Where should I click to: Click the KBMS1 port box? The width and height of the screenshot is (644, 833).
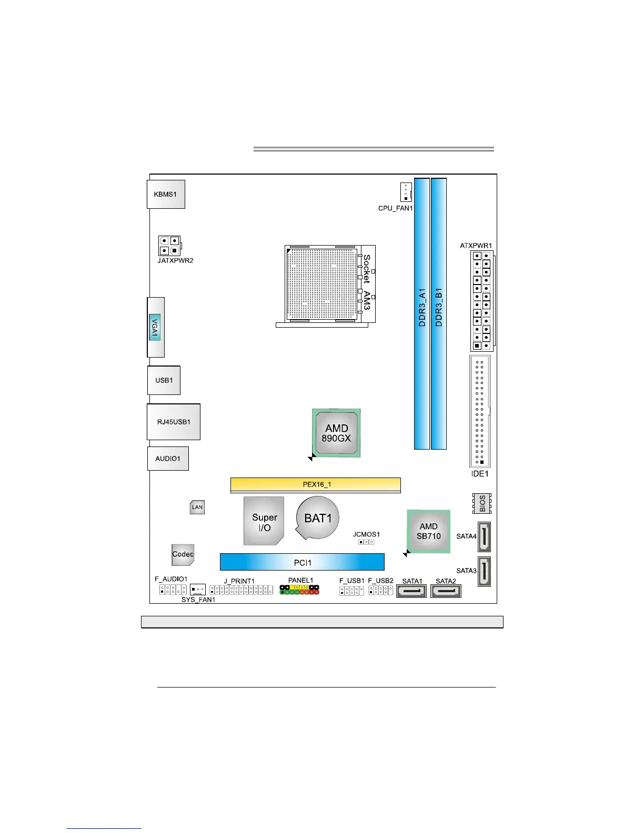click(166, 194)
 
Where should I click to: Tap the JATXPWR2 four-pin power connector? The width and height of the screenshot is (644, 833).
click(169, 246)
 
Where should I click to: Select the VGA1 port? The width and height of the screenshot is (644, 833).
click(155, 327)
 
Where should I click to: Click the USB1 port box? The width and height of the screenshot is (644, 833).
click(164, 380)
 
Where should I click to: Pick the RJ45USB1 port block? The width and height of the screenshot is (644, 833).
click(174, 422)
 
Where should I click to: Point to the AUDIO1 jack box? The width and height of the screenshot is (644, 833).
click(168, 459)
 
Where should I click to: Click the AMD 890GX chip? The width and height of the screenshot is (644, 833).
click(337, 433)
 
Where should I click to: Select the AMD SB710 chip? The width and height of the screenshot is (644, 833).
click(429, 531)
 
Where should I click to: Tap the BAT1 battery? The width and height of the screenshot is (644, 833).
click(318, 518)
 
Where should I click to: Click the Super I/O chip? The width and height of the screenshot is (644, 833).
click(264, 521)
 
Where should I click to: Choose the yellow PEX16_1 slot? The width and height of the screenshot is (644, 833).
click(316, 484)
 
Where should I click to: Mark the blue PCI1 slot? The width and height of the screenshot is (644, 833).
click(302, 562)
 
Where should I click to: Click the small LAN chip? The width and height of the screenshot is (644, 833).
click(197, 507)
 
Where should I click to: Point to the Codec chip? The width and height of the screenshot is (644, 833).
click(183, 554)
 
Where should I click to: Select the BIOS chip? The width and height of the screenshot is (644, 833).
click(482, 503)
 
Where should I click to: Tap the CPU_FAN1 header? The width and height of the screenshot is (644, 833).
click(406, 192)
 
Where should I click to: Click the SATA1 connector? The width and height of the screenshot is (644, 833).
click(411, 591)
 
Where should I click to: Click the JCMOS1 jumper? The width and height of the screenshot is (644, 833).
click(366, 542)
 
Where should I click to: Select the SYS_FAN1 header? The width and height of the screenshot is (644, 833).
click(198, 590)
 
